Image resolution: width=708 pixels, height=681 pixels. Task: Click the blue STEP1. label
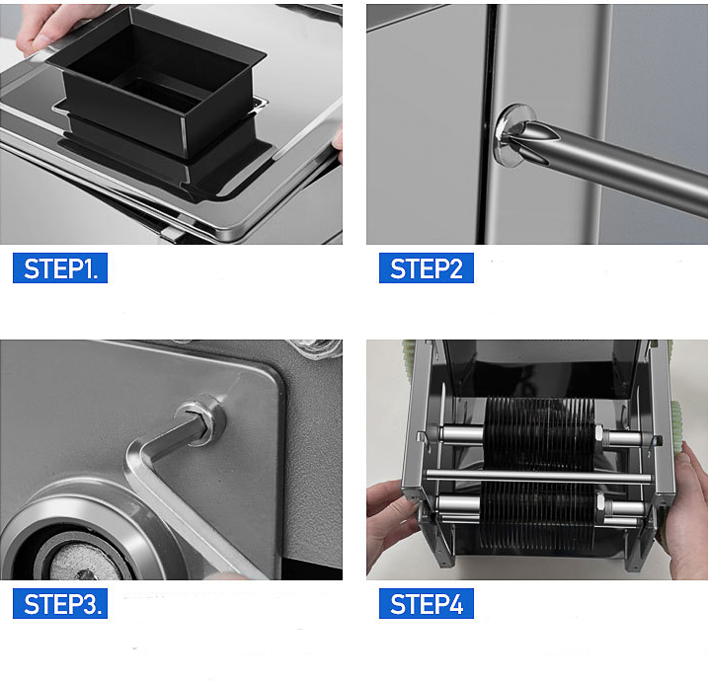(60, 268)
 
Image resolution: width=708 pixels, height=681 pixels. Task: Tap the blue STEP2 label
(427, 268)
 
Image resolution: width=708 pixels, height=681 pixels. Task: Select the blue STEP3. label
(60, 603)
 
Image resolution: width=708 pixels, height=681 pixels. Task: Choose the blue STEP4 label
(427, 603)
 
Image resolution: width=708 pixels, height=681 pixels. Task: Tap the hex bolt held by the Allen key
(201, 420)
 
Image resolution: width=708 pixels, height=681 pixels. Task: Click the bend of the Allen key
(135, 458)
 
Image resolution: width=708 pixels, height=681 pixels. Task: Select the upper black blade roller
(540, 433)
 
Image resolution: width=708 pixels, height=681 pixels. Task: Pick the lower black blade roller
(538, 514)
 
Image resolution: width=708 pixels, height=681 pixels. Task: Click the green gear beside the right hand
(677, 426)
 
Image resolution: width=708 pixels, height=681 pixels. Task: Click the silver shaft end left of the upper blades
(461, 434)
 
